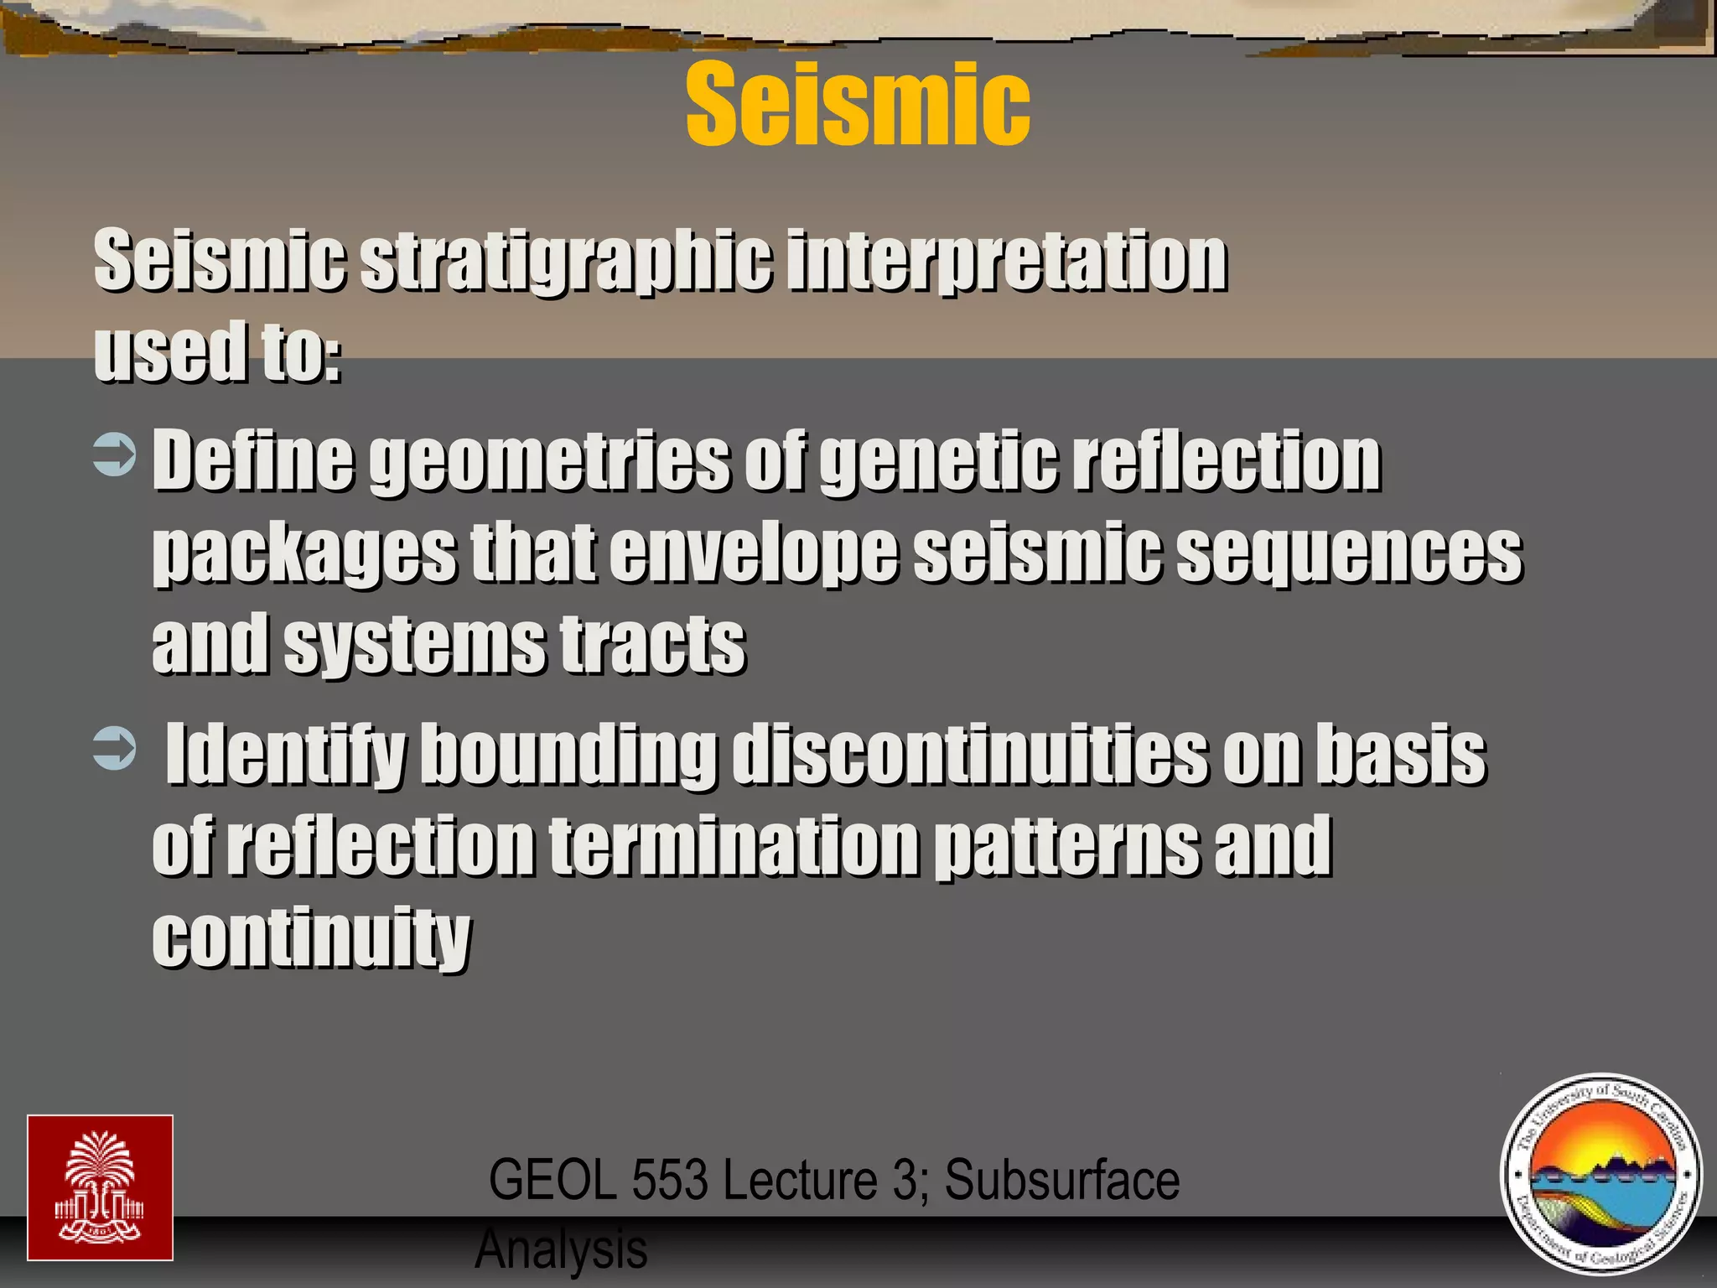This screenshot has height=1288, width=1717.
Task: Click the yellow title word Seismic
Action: point(858,105)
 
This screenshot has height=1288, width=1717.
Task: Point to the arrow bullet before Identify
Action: point(114,749)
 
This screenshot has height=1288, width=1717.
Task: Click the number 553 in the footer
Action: point(672,1180)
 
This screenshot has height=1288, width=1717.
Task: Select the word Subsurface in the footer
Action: point(1061,1180)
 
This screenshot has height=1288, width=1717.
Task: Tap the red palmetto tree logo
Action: point(100,1187)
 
